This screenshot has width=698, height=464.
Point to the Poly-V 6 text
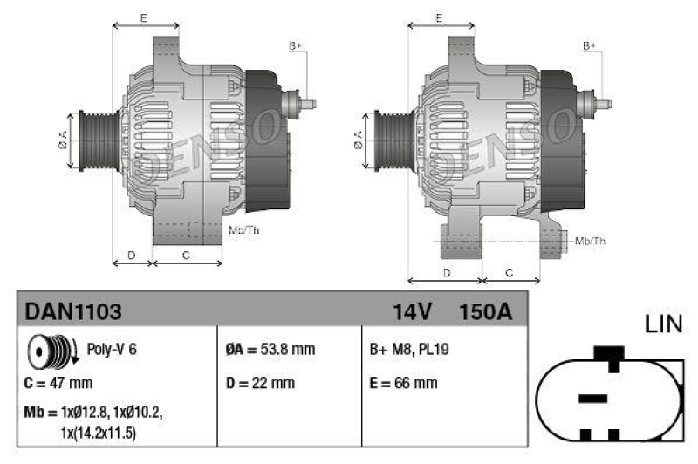(112, 349)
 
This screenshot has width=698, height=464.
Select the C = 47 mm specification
(58, 383)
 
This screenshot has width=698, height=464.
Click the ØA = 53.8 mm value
(270, 349)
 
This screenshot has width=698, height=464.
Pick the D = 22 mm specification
(260, 383)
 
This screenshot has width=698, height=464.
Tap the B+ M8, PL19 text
(408, 349)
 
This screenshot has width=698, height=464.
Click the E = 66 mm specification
(404, 383)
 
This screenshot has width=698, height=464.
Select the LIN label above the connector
(664, 324)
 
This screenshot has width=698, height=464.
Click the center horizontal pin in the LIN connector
(592, 398)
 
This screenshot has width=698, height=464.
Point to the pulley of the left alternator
(92, 140)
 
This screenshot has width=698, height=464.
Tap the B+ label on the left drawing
(295, 44)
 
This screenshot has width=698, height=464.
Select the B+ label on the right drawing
(590, 44)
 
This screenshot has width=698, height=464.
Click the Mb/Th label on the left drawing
(243, 230)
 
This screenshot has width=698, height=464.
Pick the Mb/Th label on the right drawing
(590, 241)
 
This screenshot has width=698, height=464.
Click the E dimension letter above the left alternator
(144, 17)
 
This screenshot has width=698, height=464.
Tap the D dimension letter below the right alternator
(446, 271)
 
